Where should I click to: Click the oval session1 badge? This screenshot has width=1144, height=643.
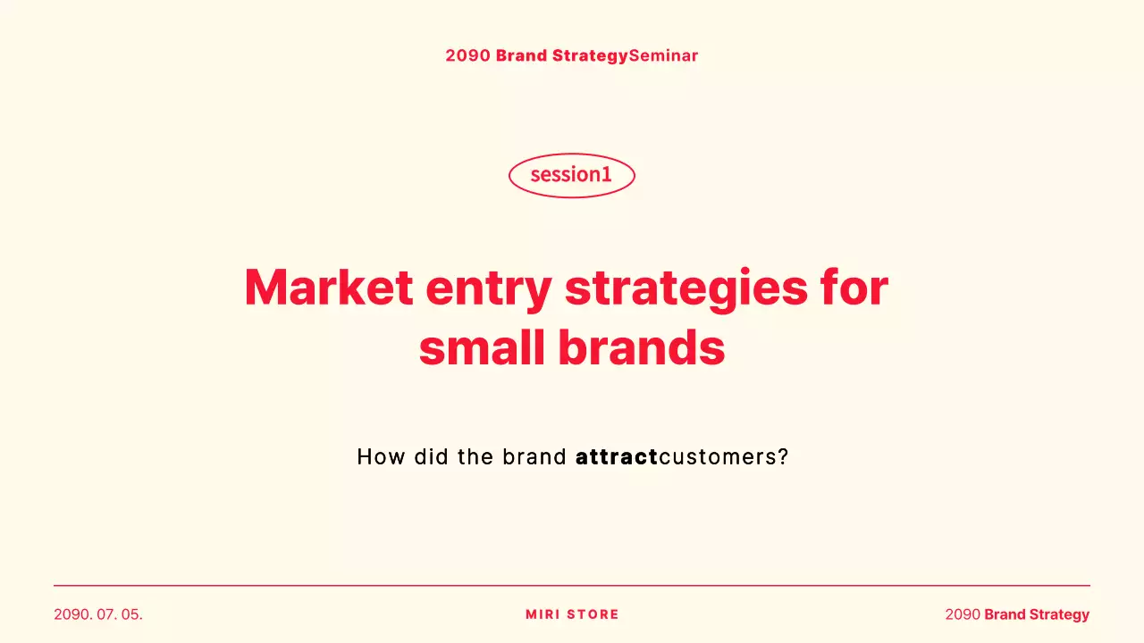[571, 175]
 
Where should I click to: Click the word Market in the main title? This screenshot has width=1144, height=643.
[328, 288]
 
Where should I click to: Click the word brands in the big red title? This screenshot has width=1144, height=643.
[641, 348]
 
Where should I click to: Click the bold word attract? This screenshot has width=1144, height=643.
[617, 457]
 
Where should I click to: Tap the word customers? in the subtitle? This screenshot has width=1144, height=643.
[724, 457]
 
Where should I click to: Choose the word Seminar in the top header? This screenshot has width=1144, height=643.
[663, 55]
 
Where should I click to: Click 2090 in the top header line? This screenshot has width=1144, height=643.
[467, 55]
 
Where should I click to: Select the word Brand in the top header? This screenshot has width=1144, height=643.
[521, 55]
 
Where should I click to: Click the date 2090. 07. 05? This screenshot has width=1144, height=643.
[98, 614]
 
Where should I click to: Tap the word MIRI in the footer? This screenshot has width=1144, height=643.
[543, 614]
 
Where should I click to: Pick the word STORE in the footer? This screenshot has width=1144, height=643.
[593, 614]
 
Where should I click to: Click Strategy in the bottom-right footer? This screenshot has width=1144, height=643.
[1059, 614]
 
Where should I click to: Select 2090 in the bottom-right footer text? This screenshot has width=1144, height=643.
[963, 614]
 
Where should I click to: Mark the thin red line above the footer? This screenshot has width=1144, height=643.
[572, 586]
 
